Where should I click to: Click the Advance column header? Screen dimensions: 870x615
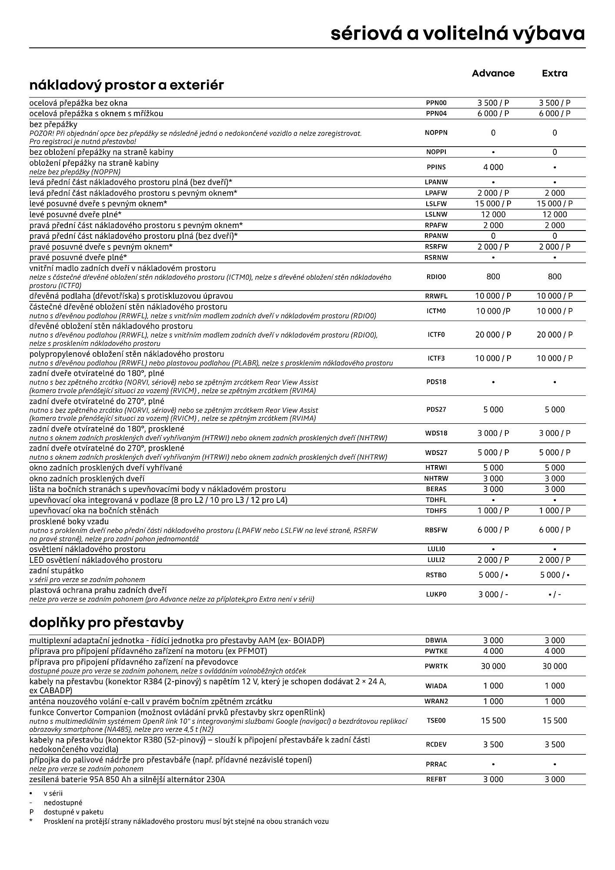point(493,73)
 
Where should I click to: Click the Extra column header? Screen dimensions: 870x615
point(555,73)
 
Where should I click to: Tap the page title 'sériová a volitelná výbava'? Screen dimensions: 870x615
point(458,33)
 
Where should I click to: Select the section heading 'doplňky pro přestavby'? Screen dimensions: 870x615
point(106,622)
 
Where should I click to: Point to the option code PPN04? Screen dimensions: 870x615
point(436,114)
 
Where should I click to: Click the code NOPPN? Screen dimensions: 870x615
point(436,133)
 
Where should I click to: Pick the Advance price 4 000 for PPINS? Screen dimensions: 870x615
point(493,167)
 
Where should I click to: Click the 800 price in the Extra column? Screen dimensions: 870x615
point(555,277)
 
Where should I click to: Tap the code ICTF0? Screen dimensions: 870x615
point(436,335)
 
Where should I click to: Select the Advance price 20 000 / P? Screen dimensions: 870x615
point(493,335)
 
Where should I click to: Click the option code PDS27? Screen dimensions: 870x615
point(436,409)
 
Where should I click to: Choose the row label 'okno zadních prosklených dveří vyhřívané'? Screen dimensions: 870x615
point(106,468)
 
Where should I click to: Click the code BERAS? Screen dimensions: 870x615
point(436,489)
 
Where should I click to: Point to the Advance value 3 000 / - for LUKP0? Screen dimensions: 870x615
point(493,594)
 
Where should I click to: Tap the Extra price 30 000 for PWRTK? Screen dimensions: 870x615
point(555,666)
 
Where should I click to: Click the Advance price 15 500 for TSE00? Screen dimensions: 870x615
point(493,720)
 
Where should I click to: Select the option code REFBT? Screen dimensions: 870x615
point(436,779)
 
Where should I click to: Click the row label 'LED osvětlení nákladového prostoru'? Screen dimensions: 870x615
point(96,560)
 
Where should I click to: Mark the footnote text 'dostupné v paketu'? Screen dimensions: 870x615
point(74,812)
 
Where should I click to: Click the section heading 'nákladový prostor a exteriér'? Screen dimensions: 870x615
point(127,85)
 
